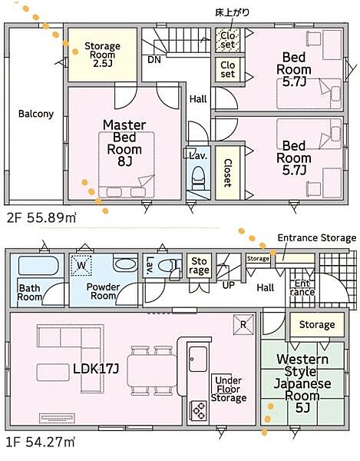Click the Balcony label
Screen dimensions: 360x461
pyautogui.click(x=36, y=114)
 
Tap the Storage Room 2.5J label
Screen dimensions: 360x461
pyautogui.click(x=103, y=55)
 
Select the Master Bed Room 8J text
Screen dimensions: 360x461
pyautogui.click(x=124, y=143)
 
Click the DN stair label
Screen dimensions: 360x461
pyautogui.click(x=154, y=60)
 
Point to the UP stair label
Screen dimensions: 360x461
pyautogui.click(x=228, y=285)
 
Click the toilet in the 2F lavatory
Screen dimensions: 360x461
pyautogui.click(x=198, y=178)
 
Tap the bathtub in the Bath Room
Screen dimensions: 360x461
pyautogui.click(x=38, y=266)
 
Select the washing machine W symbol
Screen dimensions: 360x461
pyautogui.click(x=81, y=265)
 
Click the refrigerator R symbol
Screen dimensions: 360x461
pyautogui.click(x=243, y=324)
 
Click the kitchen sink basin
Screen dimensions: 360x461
pyautogui.click(x=198, y=359)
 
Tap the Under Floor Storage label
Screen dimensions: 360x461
pyautogui.click(x=229, y=389)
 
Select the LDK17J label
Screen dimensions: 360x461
pyautogui.click(x=96, y=369)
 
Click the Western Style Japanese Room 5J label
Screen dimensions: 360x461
pyautogui.click(x=302, y=383)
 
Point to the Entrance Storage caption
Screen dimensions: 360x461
pyautogui.click(x=317, y=237)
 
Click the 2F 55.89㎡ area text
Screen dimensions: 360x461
pyautogui.click(x=41, y=218)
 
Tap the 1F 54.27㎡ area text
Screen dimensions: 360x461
pyautogui.click(x=40, y=442)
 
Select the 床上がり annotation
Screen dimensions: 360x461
pyautogui.click(x=233, y=12)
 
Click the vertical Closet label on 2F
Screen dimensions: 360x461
pyautogui.click(x=228, y=173)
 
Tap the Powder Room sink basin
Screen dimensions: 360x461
pyautogui.click(x=125, y=264)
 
